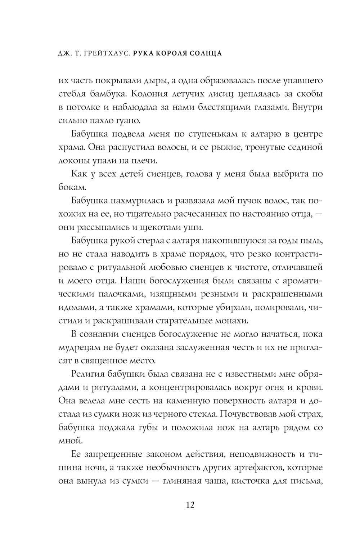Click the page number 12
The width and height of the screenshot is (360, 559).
(x=190, y=505)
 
